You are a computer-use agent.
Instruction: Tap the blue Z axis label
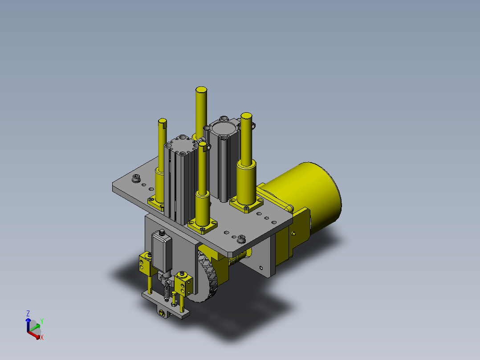(28, 313)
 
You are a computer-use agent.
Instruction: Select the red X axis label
(42, 337)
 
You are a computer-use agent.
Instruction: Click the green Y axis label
(42, 321)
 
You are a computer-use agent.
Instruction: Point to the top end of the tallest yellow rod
(201, 90)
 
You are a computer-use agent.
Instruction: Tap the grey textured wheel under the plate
(206, 276)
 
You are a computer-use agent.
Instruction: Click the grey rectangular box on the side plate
(162, 251)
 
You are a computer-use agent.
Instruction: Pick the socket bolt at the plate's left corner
(136, 178)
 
